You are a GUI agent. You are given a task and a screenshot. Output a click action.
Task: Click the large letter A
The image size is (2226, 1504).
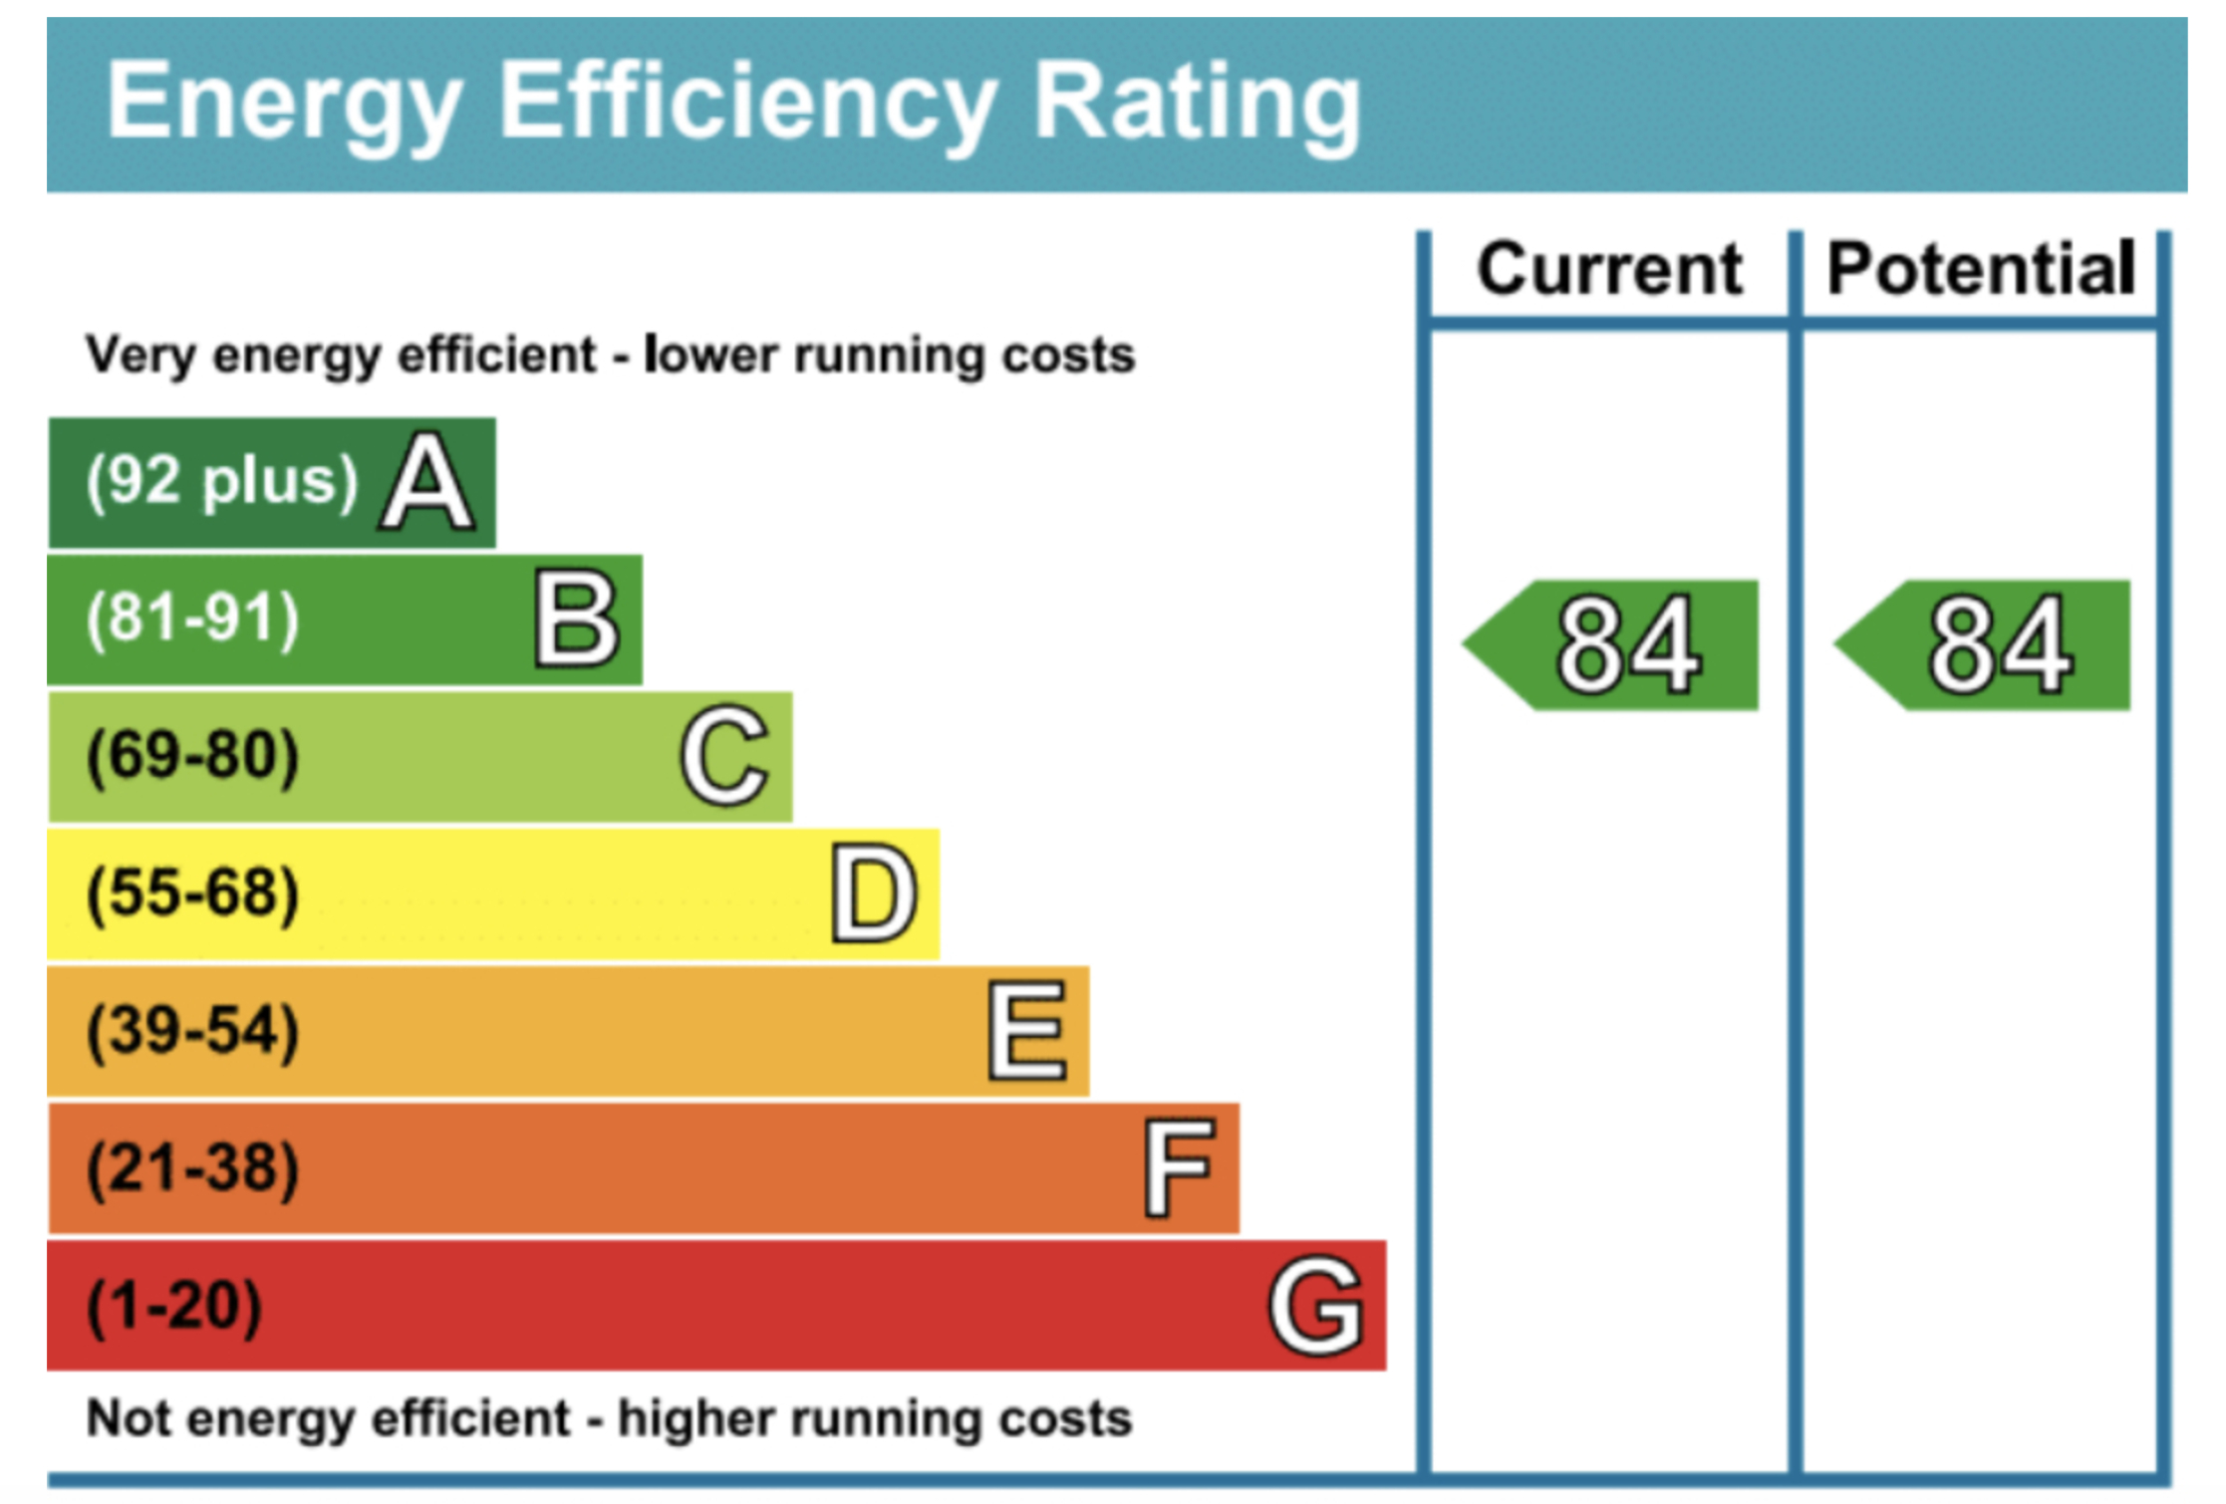pyautogui.click(x=426, y=483)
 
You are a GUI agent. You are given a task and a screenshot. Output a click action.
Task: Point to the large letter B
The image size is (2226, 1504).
pyautogui.click(x=577, y=620)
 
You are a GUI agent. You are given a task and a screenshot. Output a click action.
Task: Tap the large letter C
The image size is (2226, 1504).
pyautogui.click(x=724, y=756)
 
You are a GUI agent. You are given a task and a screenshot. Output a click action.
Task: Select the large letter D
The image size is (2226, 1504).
pyautogui.click(x=874, y=893)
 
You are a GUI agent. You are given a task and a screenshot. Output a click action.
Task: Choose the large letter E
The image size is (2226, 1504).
pyautogui.click(x=1027, y=1031)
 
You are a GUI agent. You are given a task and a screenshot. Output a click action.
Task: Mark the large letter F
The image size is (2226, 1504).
pyautogui.click(x=1179, y=1168)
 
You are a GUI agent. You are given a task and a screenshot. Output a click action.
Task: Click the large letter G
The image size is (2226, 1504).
pyautogui.click(x=1315, y=1305)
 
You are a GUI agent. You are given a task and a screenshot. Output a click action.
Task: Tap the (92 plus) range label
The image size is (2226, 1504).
pyautogui.click(x=221, y=482)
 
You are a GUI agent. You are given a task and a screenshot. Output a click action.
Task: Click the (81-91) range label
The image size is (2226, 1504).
pyautogui.click(x=192, y=619)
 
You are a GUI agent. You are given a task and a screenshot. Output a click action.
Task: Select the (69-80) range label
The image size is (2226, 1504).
pyautogui.click(x=192, y=756)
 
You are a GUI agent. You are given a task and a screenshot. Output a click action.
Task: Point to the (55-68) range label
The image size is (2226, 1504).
pyautogui.click(x=192, y=893)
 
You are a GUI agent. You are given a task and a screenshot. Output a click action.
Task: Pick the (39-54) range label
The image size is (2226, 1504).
pyautogui.click(x=192, y=1031)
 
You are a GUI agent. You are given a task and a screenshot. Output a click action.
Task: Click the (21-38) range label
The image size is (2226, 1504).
pyautogui.click(x=192, y=1168)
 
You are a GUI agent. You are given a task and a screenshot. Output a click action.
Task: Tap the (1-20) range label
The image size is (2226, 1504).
pyautogui.click(x=174, y=1306)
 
